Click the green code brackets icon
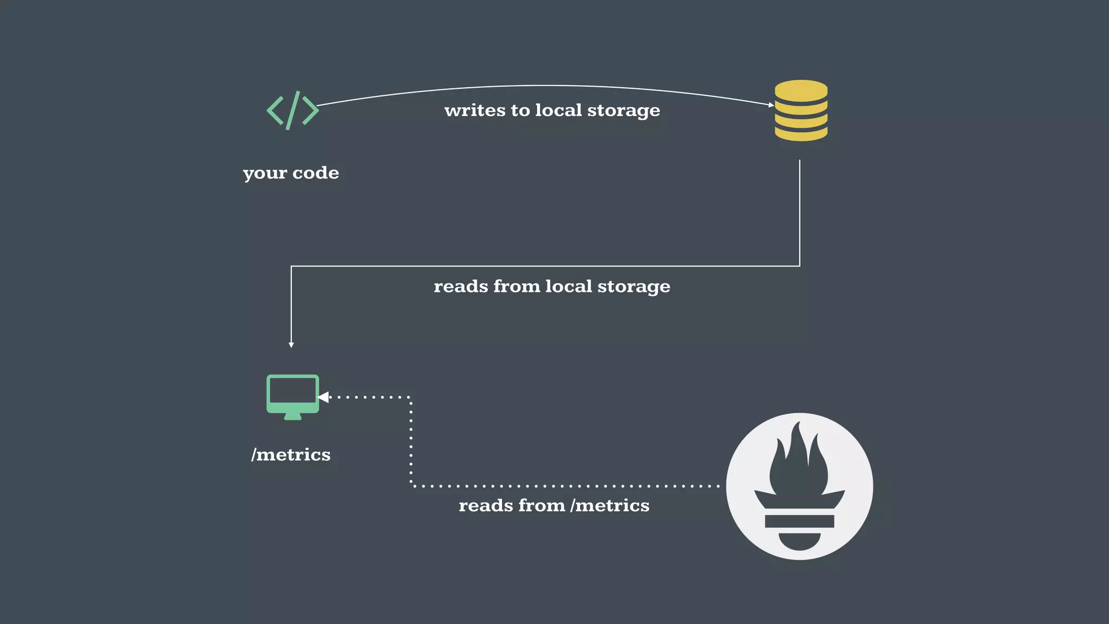[292, 110]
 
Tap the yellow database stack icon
[801, 110]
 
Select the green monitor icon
[292, 396]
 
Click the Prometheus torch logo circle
[799, 486]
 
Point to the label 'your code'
[291, 173]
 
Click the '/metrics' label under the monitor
[291, 454]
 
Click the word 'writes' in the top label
[474, 110]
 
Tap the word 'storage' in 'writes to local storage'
[623, 110]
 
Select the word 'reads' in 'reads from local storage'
[461, 287]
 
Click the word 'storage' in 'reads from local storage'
[634, 287]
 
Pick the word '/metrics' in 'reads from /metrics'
[610, 505]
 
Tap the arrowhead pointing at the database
[771, 105]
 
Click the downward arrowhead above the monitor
[291, 344]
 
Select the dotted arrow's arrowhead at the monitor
[324, 397]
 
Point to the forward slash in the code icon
[292, 110]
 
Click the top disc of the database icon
[801, 89]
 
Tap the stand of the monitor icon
[292, 416]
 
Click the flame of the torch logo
[799, 460]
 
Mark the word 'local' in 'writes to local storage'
[558, 110]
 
